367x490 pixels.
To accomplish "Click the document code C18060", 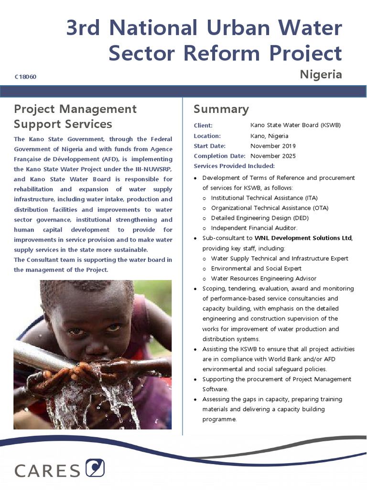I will (26, 77).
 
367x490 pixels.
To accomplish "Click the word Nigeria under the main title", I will (321, 74).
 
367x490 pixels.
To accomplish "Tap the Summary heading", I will (221, 109).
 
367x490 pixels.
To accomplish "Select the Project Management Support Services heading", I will (75, 116).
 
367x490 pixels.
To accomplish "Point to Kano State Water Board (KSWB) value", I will (295, 125).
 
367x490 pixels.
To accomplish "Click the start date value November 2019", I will (273, 146).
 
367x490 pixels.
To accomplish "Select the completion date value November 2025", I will (273, 156).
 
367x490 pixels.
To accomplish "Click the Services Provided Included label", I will (234, 166).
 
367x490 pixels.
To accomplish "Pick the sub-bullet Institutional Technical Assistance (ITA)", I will (264, 198).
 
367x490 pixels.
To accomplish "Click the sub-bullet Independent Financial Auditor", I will (254, 228).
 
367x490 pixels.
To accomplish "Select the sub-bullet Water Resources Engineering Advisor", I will (263, 278).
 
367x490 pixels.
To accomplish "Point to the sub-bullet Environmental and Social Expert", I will (256, 268).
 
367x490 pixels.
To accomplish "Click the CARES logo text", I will (47, 470).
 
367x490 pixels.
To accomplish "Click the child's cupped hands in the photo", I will (96, 371).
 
